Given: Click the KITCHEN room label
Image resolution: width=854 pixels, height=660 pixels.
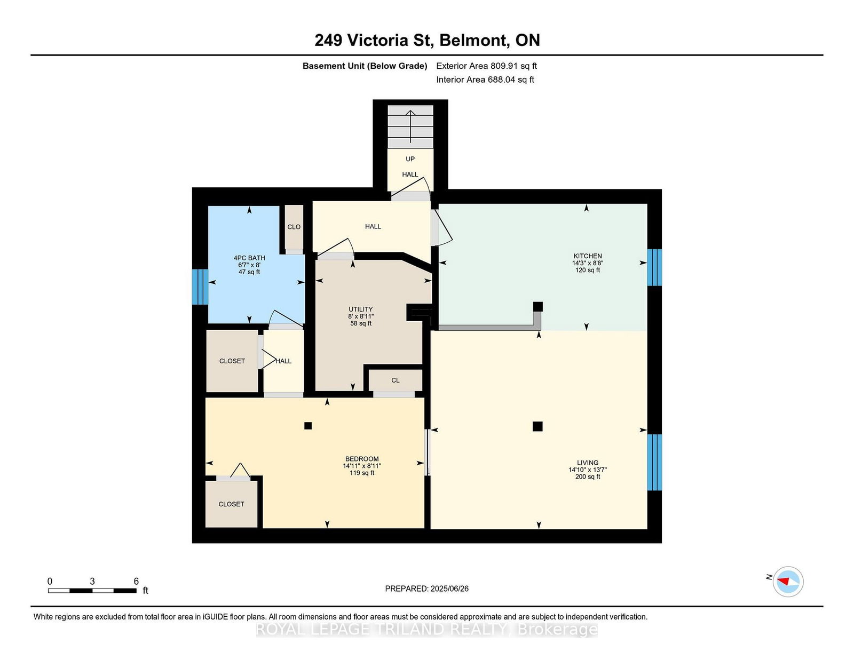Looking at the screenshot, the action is (x=588, y=256).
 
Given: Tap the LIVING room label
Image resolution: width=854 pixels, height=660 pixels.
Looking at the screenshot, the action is (x=588, y=463).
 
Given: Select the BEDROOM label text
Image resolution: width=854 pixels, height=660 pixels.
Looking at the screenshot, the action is (x=362, y=459).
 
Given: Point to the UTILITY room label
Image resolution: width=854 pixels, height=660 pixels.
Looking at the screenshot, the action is (x=360, y=309).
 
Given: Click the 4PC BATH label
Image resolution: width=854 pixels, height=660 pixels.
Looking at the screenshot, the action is (x=249, y=258).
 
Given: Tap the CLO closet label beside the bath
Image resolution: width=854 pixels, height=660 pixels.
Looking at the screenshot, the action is (x=294, y=227).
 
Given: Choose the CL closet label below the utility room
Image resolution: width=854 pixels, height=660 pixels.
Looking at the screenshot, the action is (x=396, y=380).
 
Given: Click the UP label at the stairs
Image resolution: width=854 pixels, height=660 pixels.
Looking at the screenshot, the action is (x=410, y=159).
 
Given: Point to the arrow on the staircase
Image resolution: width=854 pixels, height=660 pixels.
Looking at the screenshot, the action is (x=410, y=126).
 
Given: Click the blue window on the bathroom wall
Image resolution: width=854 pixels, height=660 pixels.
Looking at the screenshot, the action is (x=200, y=287).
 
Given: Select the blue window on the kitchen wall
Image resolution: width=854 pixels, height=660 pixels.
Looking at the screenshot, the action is (x=654, y=267).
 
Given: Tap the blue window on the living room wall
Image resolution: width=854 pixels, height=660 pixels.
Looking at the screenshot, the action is (x=654, y=463).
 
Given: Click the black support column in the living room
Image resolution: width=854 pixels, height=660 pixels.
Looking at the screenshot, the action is (x=537, y=426).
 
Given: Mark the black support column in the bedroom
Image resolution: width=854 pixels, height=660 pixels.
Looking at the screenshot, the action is (x=308, y=425).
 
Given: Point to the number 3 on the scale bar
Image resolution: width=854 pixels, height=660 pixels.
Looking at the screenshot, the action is (x=92, y=582).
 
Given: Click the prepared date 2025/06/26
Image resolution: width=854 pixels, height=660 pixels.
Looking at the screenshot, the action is (x=449, y=589).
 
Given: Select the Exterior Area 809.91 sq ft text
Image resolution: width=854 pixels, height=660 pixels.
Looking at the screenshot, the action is (x=487, y=66).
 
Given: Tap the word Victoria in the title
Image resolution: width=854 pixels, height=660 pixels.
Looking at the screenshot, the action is (x=377, y=40).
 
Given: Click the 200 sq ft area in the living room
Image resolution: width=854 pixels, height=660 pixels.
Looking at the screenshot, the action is (x=588, y=477).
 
